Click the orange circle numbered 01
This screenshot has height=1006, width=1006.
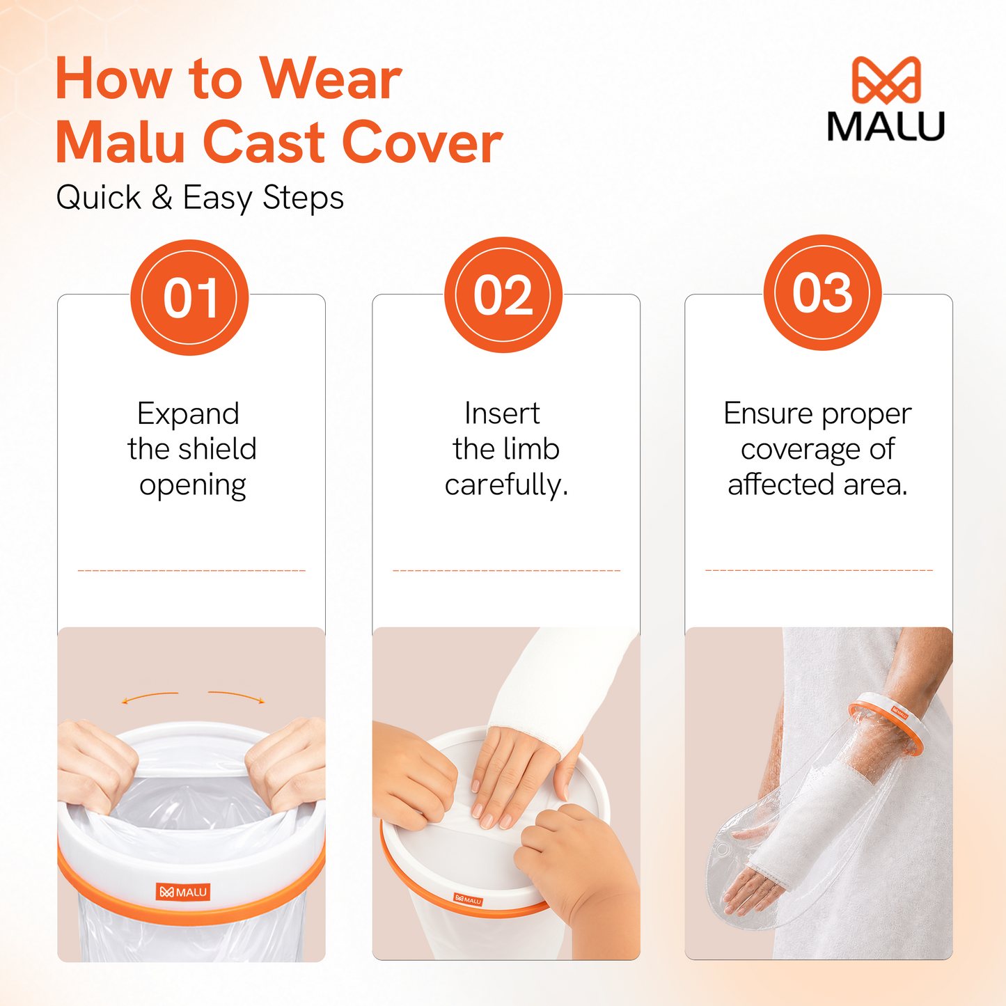point(189,297)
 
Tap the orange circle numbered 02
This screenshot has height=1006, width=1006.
point(503,295)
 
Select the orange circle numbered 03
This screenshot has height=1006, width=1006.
point(822,292)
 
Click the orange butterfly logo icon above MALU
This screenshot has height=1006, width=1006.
point(886,79)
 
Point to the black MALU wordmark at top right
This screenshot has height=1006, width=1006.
point(886,126)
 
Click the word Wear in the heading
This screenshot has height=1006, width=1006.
point(331,79)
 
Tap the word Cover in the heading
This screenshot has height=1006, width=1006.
point(422,143)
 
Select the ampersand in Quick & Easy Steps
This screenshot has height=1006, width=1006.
point(162,197)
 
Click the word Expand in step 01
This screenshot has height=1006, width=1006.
point(189,415)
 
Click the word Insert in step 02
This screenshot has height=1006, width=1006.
point(502,414)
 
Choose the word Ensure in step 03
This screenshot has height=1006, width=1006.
point(769,414)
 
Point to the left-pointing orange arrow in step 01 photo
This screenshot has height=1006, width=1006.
point(150,697)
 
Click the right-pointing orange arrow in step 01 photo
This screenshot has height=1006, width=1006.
point(237,696)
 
